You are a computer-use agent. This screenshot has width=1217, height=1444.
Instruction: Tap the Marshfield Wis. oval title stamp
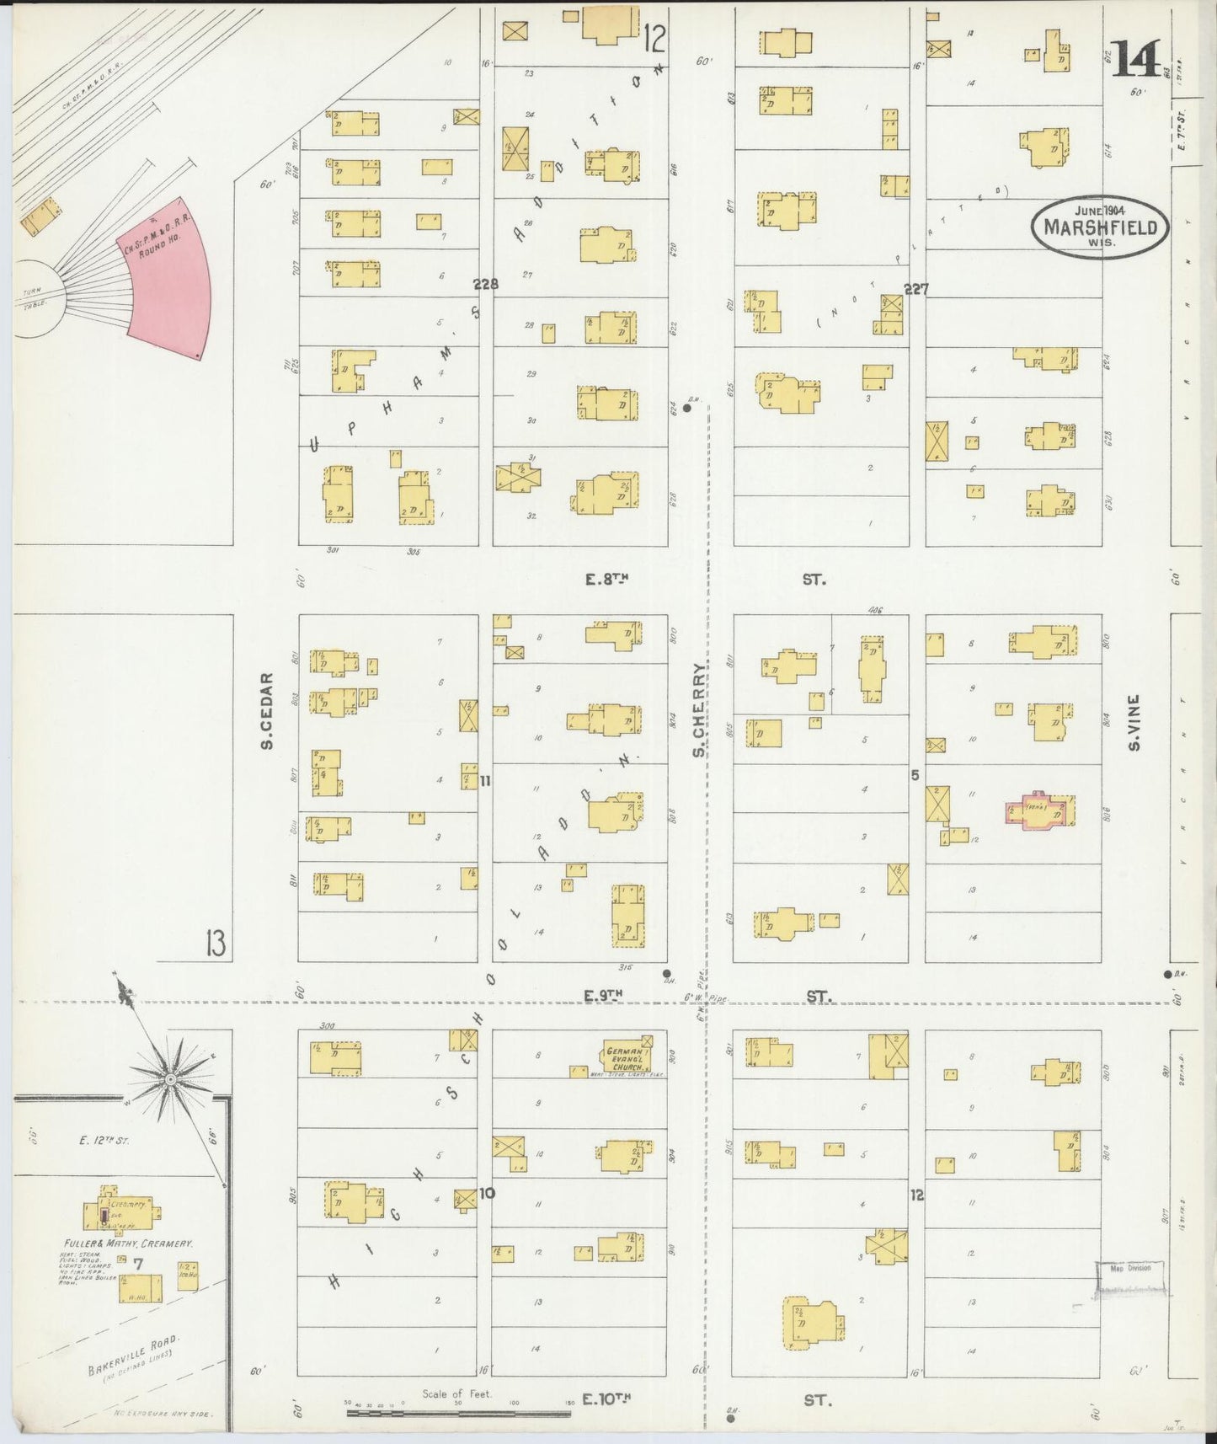pyautogui.click(x=1100, y=226)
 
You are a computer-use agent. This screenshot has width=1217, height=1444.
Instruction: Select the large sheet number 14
pyautogui.click(x=1140, y=59)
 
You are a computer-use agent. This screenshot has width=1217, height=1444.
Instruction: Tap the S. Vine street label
pyautogui.click(x=1134, y=722)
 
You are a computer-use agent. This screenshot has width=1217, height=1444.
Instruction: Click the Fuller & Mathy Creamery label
pyautogui.click(x=129, y=1243)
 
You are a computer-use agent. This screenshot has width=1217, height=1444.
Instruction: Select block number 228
pyautogui.click(x=485, y=285)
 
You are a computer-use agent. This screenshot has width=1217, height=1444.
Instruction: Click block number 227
pyautogui.click(x=915, y=289)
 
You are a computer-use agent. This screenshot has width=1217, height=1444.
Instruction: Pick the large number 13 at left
pyautogui.click(x=215, y=944)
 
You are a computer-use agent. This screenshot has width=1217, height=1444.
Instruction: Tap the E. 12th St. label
pyautogui.click(x=104, y=1141)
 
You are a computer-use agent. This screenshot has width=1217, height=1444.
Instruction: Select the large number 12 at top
pyautogui.click(x=654, y=38)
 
